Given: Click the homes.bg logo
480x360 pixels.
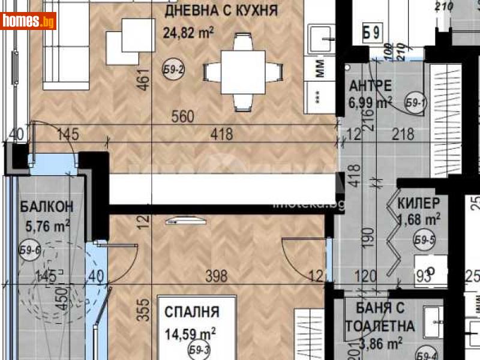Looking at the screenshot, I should coord(29,22).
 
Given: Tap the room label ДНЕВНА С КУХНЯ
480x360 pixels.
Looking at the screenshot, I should coord(222,10).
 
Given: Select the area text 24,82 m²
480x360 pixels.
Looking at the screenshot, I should coord(188,31).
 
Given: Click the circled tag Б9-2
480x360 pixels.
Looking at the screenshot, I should coord(173,70).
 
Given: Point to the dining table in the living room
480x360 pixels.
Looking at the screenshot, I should coord(243,72).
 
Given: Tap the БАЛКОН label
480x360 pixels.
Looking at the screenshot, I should coord(47,207).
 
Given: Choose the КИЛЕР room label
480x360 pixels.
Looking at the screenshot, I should coord(419,203).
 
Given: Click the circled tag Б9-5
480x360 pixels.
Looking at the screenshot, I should coord(424,241).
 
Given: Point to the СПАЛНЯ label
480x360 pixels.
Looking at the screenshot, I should coord(192,312).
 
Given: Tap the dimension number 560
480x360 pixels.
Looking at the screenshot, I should coord(182,117).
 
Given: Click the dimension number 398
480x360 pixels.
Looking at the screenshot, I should coord(217,276).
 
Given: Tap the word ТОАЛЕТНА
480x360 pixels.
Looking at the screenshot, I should coord(380,326).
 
